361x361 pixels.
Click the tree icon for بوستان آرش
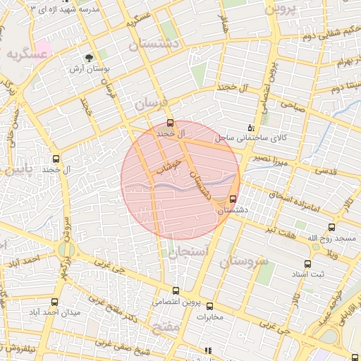tap(89, 58)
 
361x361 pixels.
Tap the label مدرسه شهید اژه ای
tap(61, 8)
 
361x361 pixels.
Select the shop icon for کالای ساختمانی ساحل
tap(251, 128)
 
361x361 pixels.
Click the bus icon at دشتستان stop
tap(233, 199)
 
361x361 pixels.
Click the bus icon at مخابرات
tap(209, 305)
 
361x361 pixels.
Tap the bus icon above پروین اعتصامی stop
tap(176, 290)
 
